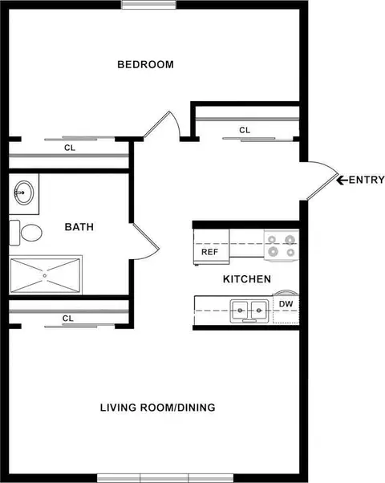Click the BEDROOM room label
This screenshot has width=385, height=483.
click(145, 64)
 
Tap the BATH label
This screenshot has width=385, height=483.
click(79, 227)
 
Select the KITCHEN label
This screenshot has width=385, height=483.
click(247, 279)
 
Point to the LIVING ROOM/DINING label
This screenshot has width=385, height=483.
click(158, 408)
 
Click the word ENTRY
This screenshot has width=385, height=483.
click(367, 180)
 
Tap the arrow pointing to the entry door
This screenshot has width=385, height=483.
click(342, 180)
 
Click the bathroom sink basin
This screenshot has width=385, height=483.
click(24, 193)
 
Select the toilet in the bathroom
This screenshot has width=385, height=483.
click(26, 233)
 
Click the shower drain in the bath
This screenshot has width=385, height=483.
click(45, 275)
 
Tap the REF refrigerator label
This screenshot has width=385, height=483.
click(210, 252)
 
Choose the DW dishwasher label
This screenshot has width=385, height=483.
click(286, 304)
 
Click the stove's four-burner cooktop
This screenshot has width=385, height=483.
click(282, 246)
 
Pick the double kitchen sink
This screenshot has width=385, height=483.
click(249, 310)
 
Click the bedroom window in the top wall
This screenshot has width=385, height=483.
click(148, 5)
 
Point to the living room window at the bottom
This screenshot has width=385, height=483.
click(165, 478)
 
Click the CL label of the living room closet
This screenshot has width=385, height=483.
click(68, 319)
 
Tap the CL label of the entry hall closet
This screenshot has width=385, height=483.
click(245, 130)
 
